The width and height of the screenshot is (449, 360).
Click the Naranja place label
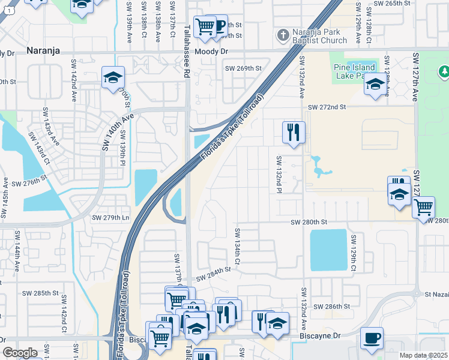(x=43, y=51)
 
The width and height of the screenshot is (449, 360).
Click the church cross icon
(x=284, y=35)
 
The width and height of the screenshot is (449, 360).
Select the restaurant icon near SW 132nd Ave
(x=294, y=132)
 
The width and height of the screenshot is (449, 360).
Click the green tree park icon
(x=444, y=73)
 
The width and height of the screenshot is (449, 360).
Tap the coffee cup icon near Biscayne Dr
(x=372, y=338)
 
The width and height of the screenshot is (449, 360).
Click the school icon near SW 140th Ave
(x=113, y=77)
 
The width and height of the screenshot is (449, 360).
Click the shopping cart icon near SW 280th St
(x=424, y=207)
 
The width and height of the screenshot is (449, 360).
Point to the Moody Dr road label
(x=215, y=52)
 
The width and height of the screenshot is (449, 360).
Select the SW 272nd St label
(x=327, y=107)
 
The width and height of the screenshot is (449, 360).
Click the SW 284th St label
(x=213, y=273)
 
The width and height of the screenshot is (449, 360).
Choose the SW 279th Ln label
(x=110, y=217)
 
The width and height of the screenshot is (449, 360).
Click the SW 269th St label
(x=244, y=68)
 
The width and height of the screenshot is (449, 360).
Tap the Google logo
(x=20, y=353)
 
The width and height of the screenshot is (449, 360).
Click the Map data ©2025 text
(x=424, y=355)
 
